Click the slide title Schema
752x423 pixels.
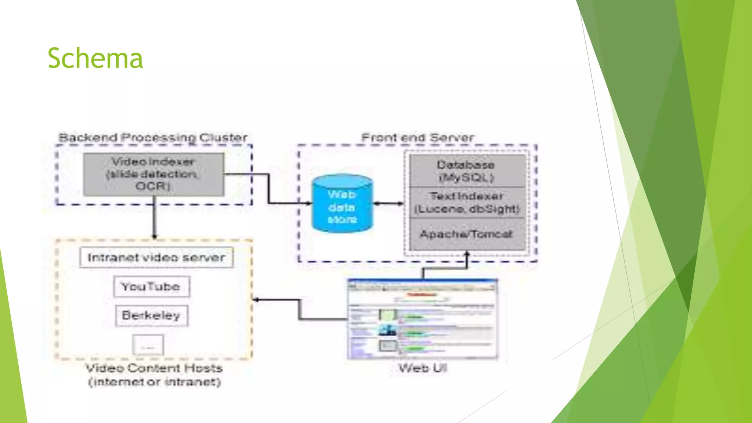[95, 58]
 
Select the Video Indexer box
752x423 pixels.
[153, 174]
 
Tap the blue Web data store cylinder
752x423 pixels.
[342, 204]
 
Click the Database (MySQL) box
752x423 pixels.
[466, 171]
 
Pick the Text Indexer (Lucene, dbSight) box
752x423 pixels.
[466, 202]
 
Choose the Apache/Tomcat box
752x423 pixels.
[466, 234]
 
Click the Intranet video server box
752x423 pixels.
[156, 257]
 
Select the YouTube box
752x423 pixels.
[151, 286]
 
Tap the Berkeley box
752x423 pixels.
[151, 315]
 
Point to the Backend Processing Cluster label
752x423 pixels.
[153, 138]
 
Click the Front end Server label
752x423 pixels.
[417, 138]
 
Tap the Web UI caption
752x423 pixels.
[423, 368]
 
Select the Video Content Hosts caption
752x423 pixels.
[154, 368]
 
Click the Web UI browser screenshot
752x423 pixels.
[422, 319]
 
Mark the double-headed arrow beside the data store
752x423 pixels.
[388, 203]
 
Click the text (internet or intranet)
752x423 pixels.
[154, 382]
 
